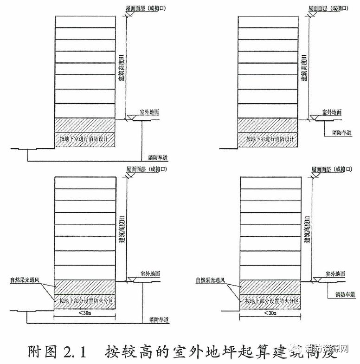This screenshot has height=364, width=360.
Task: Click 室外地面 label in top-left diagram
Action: pyautogui.click(x=149, y=113)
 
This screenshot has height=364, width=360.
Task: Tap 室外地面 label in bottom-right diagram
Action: pyautogui.click(x=334, y=274)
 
